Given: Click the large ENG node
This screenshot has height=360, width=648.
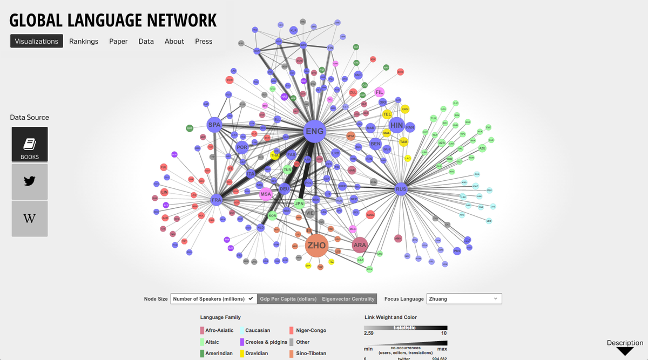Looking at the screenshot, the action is pyautogui.click(x=314, y=131).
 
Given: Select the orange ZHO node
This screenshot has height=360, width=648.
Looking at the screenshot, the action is pyautogui.click(x=316, y=246).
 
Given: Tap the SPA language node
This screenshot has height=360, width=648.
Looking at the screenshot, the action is pyautogui.click(x=214, y=125).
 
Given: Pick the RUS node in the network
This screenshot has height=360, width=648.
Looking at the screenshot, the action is pyautogui.click(x=401, y=189).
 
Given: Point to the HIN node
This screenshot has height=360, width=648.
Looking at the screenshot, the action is pyautogui.click(x=396, y=125).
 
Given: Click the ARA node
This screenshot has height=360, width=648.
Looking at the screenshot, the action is pyautogui.click(x=360, y=245).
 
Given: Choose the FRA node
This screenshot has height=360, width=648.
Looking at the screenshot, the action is pyautogui.click(x=217, y=200).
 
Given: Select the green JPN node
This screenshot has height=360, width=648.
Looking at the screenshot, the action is pyautogui.click(x=299, y=204).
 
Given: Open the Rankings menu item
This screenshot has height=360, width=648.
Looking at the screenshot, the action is pyautogui.click(x=84, y=41).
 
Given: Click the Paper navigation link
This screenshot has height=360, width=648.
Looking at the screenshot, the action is pyautogui.click(x=118, y=41).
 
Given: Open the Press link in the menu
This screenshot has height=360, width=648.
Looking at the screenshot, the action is pyautogui.click(x=204, y=41).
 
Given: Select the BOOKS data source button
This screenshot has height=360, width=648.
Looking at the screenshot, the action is pyautogui.click(x=30, y=144).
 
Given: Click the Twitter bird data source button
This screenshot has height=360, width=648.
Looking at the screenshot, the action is pyautogui.click(x=30, y=181).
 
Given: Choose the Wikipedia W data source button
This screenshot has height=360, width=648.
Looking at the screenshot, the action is pyautogui.click(x=30, y=219).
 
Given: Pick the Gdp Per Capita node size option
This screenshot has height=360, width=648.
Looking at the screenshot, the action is pyautogui.click(x=288, y=298).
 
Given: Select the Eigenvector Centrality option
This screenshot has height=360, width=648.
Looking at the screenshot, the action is pyautogui.click(x=348, y=298).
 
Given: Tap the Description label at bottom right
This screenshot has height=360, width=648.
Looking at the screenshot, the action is pyautogui.click(x=625, y=343).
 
